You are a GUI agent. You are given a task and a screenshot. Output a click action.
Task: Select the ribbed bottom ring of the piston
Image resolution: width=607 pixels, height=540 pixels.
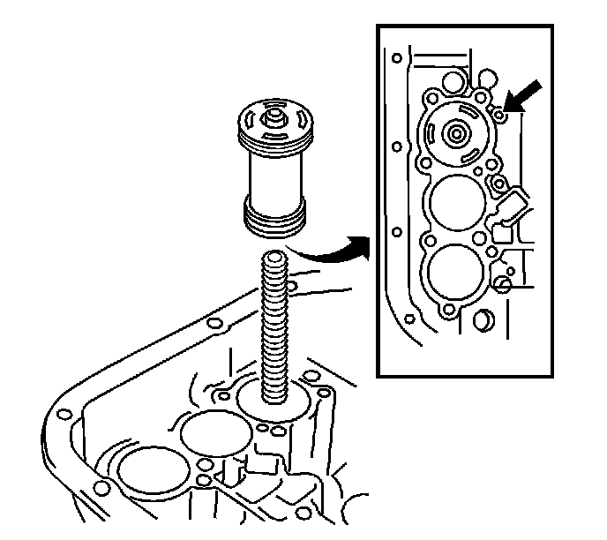[274, 218]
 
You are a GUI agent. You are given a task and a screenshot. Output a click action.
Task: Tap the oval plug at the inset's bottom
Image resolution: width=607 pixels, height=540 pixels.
[483, 319]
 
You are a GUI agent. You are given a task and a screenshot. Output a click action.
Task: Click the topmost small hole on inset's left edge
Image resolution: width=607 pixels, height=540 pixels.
[398, 60]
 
